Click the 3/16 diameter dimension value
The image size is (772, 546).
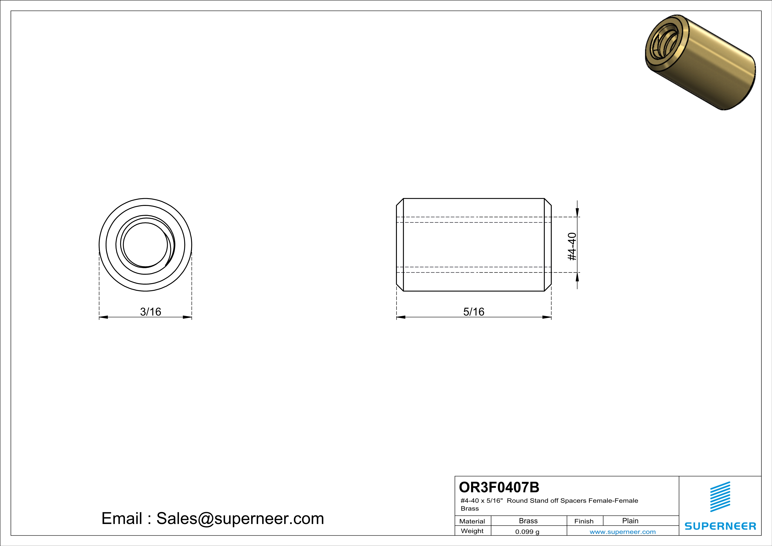(151, 312)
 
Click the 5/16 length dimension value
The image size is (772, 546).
(474, 312)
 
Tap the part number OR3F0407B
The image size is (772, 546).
(499, 487)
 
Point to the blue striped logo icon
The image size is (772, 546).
(720, 497)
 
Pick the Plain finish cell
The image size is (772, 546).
(630, 521)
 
